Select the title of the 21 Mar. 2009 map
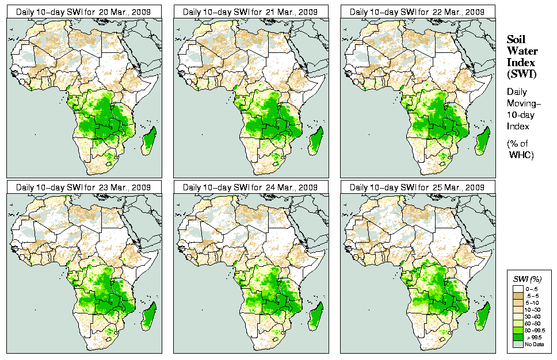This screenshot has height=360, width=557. coord(251,12)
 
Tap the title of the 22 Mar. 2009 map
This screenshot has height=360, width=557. coord(418,12)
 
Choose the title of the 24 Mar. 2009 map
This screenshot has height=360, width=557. coord(251,187)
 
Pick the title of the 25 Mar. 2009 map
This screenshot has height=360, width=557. coord(418,187)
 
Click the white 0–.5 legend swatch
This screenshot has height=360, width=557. coord(518,288)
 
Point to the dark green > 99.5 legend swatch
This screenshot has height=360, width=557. coord(518,337)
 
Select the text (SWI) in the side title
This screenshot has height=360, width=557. coord(520,74)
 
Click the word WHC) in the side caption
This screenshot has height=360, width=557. coord(521,155)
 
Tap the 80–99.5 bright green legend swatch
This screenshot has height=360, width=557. coord(518,330)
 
